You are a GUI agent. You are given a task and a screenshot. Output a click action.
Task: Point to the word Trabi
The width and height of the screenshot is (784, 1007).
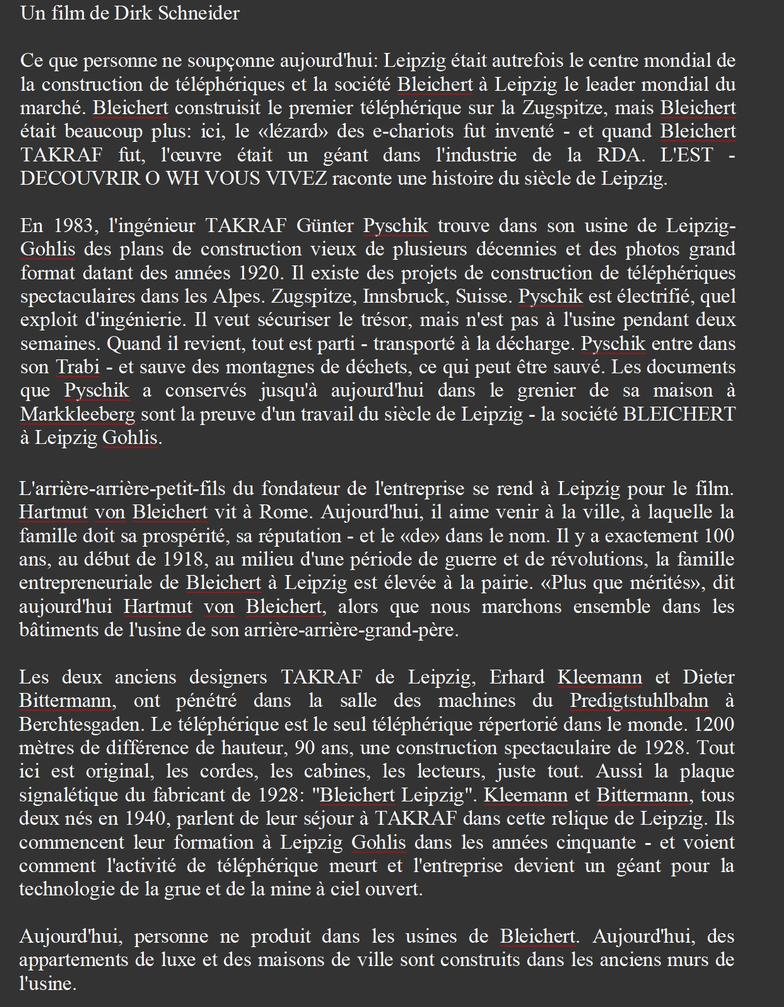click(x=78, y=367)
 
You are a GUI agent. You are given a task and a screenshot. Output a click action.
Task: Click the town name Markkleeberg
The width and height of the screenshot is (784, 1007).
click(x=78, y=414)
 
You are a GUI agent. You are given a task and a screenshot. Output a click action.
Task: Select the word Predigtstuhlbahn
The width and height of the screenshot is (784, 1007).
click(x=639, y=701)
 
